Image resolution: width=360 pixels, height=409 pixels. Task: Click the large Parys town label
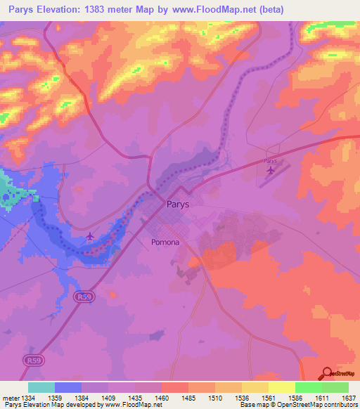point(179,205)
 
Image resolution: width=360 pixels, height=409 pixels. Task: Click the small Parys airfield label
point(271,161)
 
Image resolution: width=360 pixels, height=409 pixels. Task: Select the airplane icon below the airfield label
point(271,170)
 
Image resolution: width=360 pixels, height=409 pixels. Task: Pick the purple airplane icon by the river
point(90,236)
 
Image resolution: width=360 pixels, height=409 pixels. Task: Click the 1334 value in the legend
point(25,398)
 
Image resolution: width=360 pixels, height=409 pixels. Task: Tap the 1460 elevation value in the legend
point(162,398)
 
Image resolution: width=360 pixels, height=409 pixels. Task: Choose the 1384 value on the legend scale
point(82,398)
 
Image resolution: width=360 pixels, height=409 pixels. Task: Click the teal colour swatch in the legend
point(41,387)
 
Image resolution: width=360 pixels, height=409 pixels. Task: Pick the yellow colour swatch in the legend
point(282,387)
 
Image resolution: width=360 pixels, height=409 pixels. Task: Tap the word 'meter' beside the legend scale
point(8,398)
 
